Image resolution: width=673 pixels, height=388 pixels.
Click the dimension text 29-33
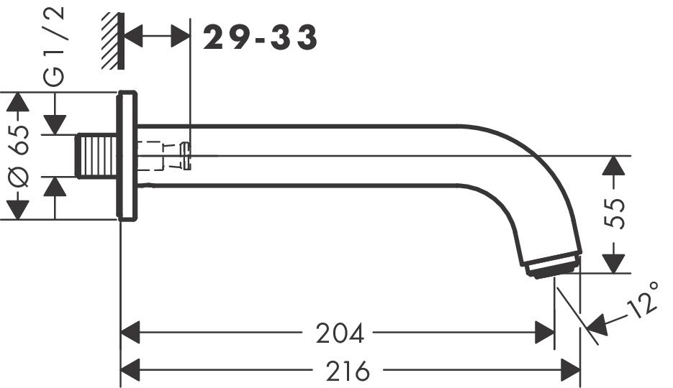tap(260, 38)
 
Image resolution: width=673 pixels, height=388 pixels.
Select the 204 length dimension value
tap(340, 333)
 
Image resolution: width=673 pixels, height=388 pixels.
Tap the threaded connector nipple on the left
tap(97, 155)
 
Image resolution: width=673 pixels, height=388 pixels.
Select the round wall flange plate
tap(127, 155)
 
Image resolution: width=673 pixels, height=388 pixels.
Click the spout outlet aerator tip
tap(553, 265)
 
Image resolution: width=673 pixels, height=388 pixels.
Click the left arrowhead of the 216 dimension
tap(129, 371)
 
